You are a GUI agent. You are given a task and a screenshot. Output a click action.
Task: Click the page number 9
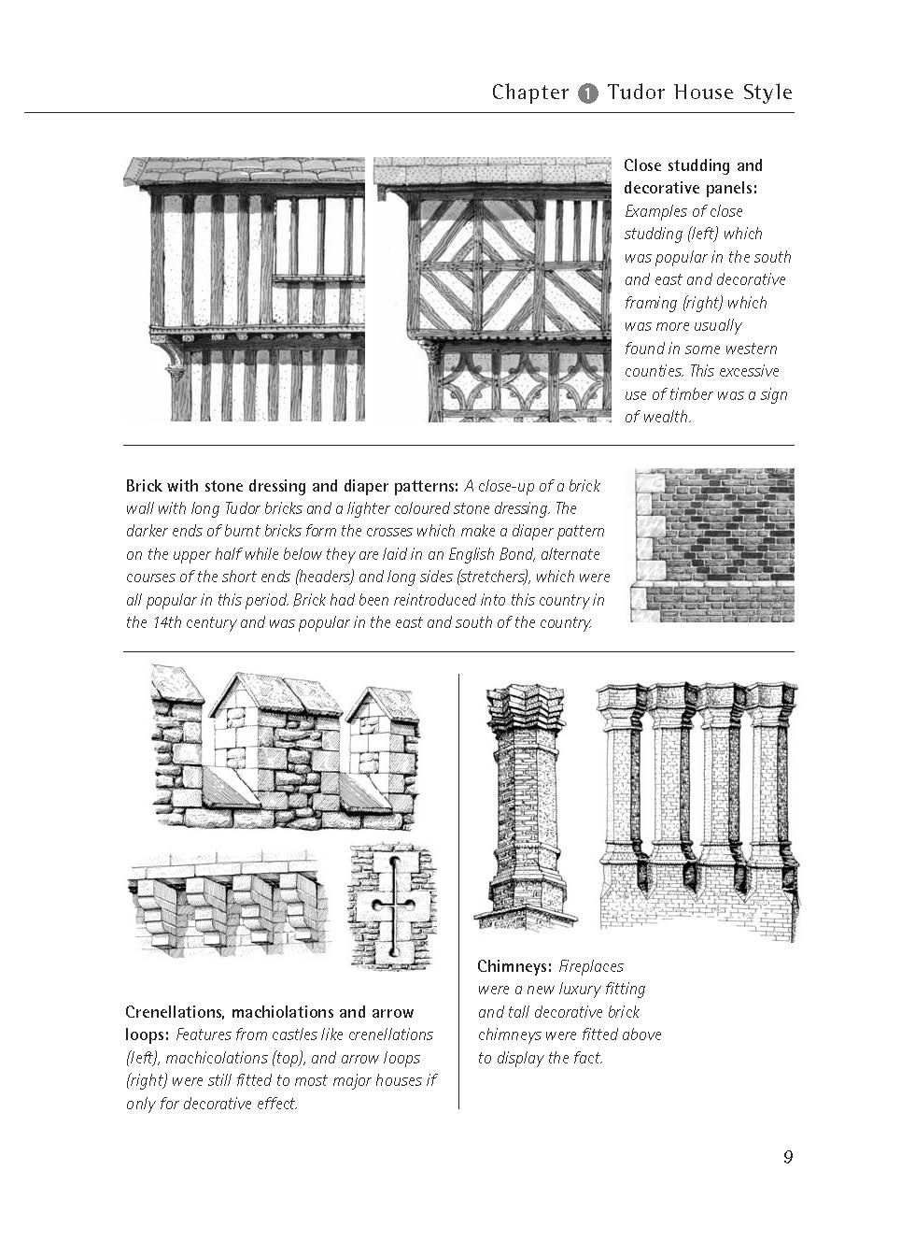tap(788, 1157)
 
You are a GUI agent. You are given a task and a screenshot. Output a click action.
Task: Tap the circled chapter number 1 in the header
tap(587, 93)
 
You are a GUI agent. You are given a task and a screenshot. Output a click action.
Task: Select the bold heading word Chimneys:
tap(514, 966)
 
